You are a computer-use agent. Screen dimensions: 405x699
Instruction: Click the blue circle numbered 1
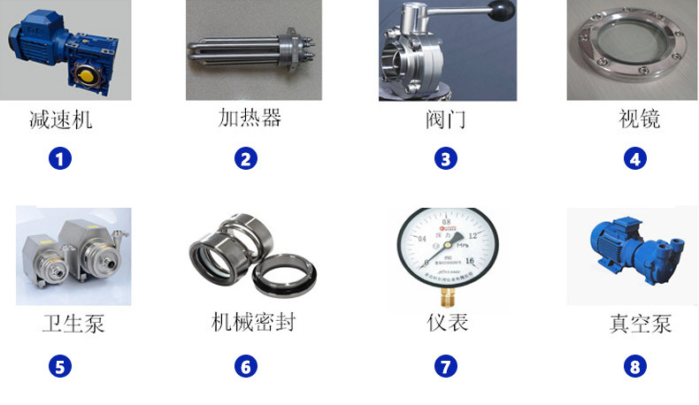(x=60, y=159)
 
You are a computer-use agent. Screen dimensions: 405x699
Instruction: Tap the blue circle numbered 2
(x=246, y=159)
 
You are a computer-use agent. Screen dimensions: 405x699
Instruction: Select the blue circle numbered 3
(x=445, y=159)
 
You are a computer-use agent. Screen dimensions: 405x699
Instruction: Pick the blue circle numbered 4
(x=634, y=159)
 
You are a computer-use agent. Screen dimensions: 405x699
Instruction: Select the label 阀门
(x=445, y=119)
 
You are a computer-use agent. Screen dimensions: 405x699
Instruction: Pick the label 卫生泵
(x=73, y=324)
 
